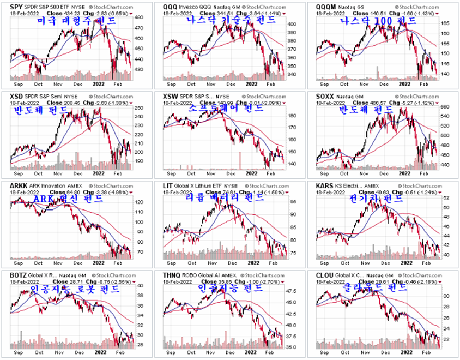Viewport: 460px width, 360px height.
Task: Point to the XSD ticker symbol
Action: tap(16, 96)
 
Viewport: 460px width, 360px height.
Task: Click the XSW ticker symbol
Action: tap(171, 96)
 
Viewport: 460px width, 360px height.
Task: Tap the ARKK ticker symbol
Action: tap(18, 185)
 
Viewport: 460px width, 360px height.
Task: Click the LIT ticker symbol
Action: tap(168, 185)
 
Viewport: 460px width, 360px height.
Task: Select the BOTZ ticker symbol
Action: tap(18, 275)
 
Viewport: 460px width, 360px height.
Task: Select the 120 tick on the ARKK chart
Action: tap(138, 202)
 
